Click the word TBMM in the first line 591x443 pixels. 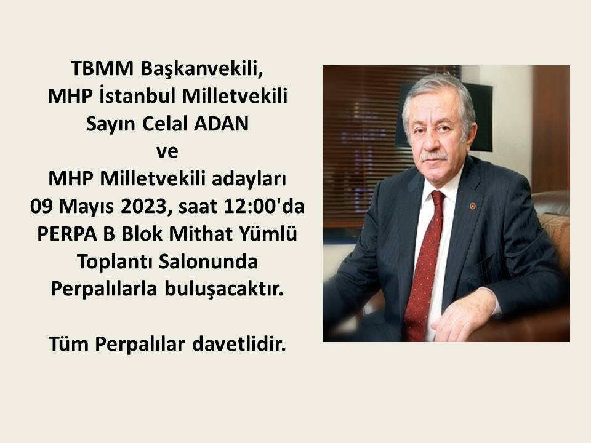point(102,68)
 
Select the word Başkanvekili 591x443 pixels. point(202,69)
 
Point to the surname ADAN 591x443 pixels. point(221,124)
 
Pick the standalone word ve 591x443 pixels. point(167,151)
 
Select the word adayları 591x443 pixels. point(249,178)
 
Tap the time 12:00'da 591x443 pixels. point(264,206)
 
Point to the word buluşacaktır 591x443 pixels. point(223,289)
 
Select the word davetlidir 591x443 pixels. point(239,344)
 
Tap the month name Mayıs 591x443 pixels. point(86,207)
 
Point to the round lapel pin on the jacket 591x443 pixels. point(472,206)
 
